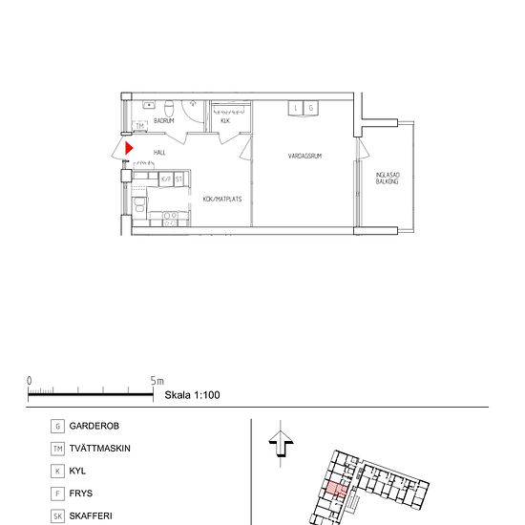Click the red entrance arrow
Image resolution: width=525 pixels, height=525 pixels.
tap(129, 149)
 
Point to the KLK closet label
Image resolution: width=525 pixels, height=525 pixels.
tap(225, 121)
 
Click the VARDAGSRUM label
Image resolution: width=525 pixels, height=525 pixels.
tap(304, 155)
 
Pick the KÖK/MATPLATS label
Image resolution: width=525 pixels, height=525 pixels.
tap(221, 199)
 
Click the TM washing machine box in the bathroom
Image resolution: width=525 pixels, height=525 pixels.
tap(139, 126)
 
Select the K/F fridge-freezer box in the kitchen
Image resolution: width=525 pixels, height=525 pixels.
tap(166, 178)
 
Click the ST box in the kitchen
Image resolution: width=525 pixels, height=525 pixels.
tap(178, 178)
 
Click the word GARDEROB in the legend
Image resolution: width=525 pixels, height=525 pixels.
tap(94, 426)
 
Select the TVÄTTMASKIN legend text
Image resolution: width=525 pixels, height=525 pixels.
tap(100, 449)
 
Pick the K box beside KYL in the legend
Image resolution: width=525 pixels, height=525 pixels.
tap(58, 472)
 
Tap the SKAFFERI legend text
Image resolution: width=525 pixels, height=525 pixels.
tap(92, 516)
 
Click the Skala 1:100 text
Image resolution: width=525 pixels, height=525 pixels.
tap(193, 393)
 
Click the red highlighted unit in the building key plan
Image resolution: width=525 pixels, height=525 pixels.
tap(336, 492)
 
